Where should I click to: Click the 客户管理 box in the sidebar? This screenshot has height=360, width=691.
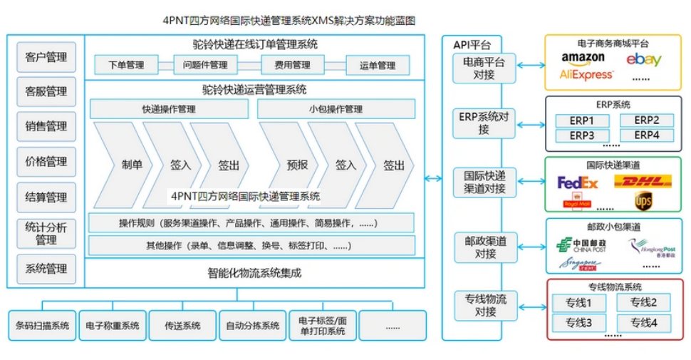click(46, 56)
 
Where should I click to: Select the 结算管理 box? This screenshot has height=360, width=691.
click(46, 197)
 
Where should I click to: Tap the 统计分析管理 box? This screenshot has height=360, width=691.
click(46, 233)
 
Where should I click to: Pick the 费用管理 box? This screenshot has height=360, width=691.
click(292, 65)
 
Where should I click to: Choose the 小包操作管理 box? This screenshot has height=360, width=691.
click(336, 109)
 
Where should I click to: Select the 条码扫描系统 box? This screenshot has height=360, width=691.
click(42, 325)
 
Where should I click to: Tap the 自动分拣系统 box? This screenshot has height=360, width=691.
click(252, 325)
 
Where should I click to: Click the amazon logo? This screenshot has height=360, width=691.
click(583, 57)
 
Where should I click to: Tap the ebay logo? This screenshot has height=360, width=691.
click(643, 59)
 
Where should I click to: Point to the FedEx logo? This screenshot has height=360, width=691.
click(578, 182)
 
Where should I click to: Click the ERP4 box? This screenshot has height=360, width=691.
click(646, 135)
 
